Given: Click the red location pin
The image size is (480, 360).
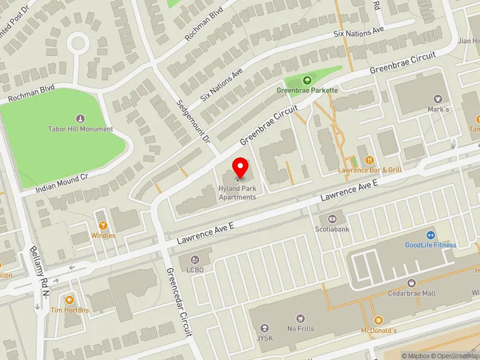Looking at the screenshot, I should (241, 166).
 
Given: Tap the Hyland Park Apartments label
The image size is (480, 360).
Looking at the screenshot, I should (238, 193).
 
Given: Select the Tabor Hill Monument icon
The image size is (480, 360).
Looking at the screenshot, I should (80, 118).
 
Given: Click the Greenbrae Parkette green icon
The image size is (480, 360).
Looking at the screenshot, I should (307, 80).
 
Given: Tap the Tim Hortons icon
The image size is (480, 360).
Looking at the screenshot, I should (69, 300).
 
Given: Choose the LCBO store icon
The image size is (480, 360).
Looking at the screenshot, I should (194, 259).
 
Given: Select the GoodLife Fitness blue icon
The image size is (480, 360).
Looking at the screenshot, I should (430, 235).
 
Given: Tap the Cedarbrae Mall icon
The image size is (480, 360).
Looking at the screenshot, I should (411, 283).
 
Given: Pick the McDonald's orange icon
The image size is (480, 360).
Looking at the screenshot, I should (378, 320).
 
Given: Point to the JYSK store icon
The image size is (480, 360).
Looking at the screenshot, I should (265, 328).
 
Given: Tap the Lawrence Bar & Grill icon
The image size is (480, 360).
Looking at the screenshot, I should (369, 160).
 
